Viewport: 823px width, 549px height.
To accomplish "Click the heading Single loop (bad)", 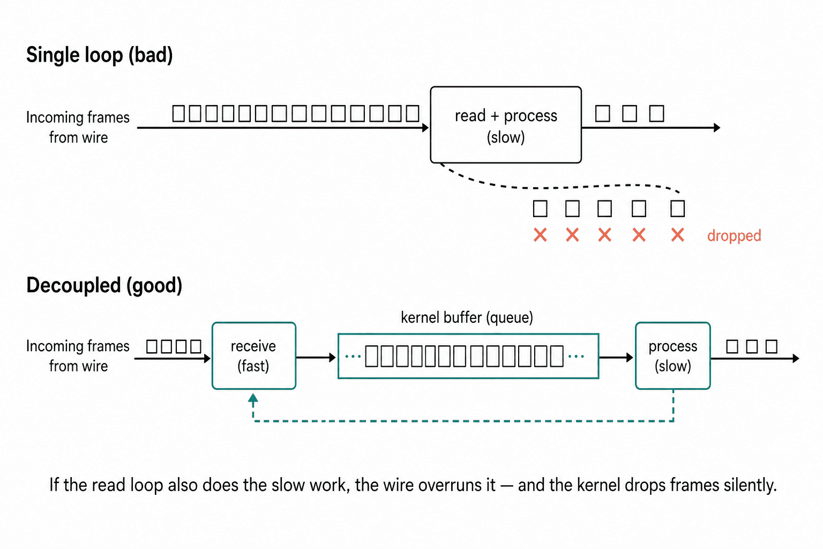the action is coord(99,55).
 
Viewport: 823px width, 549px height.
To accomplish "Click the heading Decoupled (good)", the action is coord(104,285).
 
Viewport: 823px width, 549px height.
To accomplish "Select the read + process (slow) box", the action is coord(506,125).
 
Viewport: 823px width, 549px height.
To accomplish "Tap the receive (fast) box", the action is coord(254,355).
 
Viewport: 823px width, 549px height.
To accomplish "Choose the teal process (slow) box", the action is coord(673,355).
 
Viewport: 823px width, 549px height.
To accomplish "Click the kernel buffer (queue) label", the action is coord(467,317).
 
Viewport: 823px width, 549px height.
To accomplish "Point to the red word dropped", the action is coord(734,235).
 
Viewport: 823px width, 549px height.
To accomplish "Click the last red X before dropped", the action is coord(677,235).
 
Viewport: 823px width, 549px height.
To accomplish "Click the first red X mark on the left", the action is coord(540,235).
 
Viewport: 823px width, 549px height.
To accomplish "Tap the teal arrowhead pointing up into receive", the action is coord(253,398).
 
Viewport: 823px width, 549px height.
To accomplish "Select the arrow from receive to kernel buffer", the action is coord(316,357).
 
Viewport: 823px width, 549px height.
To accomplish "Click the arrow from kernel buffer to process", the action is coord(616,357).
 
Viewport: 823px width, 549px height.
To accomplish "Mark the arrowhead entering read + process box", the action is coord(425,128).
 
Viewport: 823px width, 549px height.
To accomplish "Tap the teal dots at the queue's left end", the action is coord(353,356).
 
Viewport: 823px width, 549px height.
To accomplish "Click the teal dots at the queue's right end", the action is coord(576,356).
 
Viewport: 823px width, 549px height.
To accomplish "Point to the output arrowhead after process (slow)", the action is coord(796,358).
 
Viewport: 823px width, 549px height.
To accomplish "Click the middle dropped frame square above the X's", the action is coord(604,209).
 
